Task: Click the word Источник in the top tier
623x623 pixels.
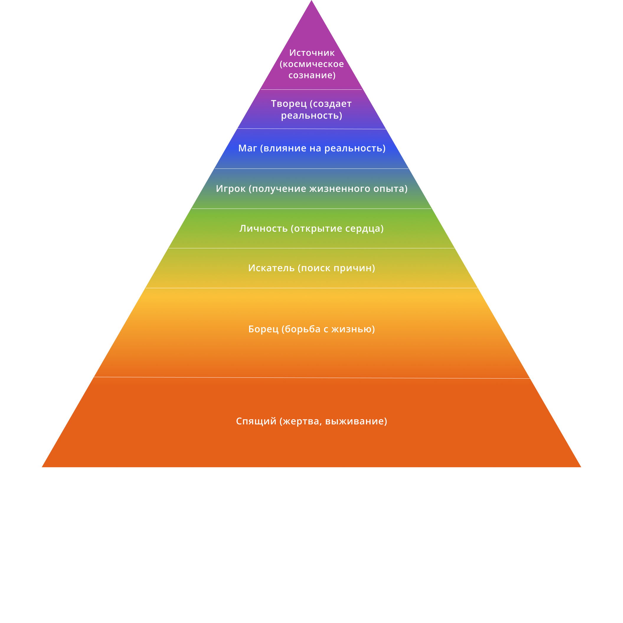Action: [312, 53]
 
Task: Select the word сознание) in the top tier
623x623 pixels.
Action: [312, 76]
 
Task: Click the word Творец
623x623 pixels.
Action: [289, 104]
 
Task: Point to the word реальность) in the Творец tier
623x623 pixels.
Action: [312, 115]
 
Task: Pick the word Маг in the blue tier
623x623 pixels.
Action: [247, 148]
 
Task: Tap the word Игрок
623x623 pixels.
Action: [230, 189]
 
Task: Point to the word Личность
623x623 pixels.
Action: [264, 229]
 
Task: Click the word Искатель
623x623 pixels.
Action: [271, 268]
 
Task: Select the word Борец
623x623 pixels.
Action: [263, 329]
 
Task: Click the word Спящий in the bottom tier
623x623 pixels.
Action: [256, 421]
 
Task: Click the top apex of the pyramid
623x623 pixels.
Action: [312, 1]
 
